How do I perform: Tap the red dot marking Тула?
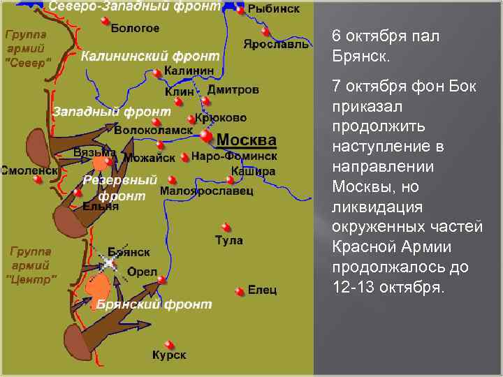coord(226,226)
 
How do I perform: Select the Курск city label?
coord(169,355)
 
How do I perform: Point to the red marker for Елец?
coord(240,290)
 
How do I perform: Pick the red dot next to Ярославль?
coord(265,31)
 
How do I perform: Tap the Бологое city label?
coord(136,29)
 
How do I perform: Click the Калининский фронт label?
coord(150,56)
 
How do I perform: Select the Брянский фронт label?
coord(154,304)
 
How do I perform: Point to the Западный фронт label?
coord(112,112)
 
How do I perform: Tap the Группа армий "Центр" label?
coord(31,265)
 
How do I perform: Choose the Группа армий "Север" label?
coord(28,48)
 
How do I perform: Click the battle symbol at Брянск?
coord(109,263)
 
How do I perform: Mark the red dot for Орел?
coord(161,280)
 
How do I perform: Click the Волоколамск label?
coord(153,130)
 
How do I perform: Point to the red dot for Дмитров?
coord(205,101)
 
